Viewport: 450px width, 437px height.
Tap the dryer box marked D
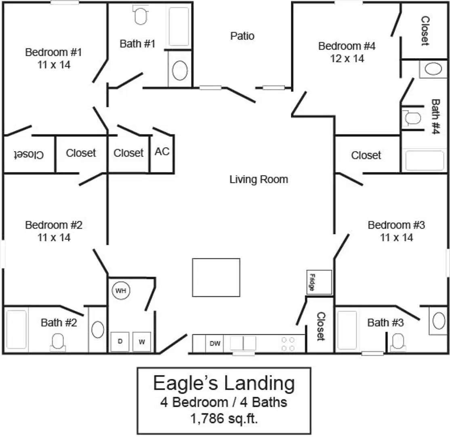[x=120, y=342]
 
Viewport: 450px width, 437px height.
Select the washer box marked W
[x=142, y=342]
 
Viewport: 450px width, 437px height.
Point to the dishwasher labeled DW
[x=214, y=344]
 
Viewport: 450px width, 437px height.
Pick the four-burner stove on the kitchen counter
[x=288, y=344]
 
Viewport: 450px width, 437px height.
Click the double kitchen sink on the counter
[x=243, y=343]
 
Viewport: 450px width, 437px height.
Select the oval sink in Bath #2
[x=98, y=329]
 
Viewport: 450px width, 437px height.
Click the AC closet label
[x=162, y=151]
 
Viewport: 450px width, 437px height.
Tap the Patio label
[x=242, y=36]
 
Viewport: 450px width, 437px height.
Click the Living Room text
[x=259, y=179]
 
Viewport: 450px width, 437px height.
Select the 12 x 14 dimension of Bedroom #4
[x=347, y=59]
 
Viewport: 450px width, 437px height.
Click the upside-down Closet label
[x=29, y=154]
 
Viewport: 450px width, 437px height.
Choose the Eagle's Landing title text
[x=224, y=383]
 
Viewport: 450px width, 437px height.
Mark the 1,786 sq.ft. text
[x=224, y=418]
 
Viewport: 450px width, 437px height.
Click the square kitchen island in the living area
[x=216, y=277]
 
